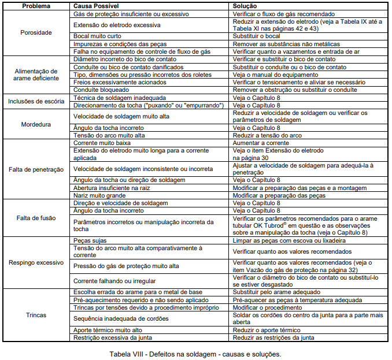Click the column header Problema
tap(35, 6)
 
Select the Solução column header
tap(246, 6)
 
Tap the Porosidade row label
tap(35, 32)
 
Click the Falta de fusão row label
tap(36, 218)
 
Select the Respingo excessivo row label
tap(36, 262)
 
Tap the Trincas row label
tap(36, 315)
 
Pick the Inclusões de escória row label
tap(36, 101)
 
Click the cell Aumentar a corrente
tap(262, 142)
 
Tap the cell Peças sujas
tap(91, 240)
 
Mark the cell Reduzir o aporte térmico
tap(266, 329)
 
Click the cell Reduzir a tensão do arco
tap(268, 135)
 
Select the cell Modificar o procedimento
tap(267, 307)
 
